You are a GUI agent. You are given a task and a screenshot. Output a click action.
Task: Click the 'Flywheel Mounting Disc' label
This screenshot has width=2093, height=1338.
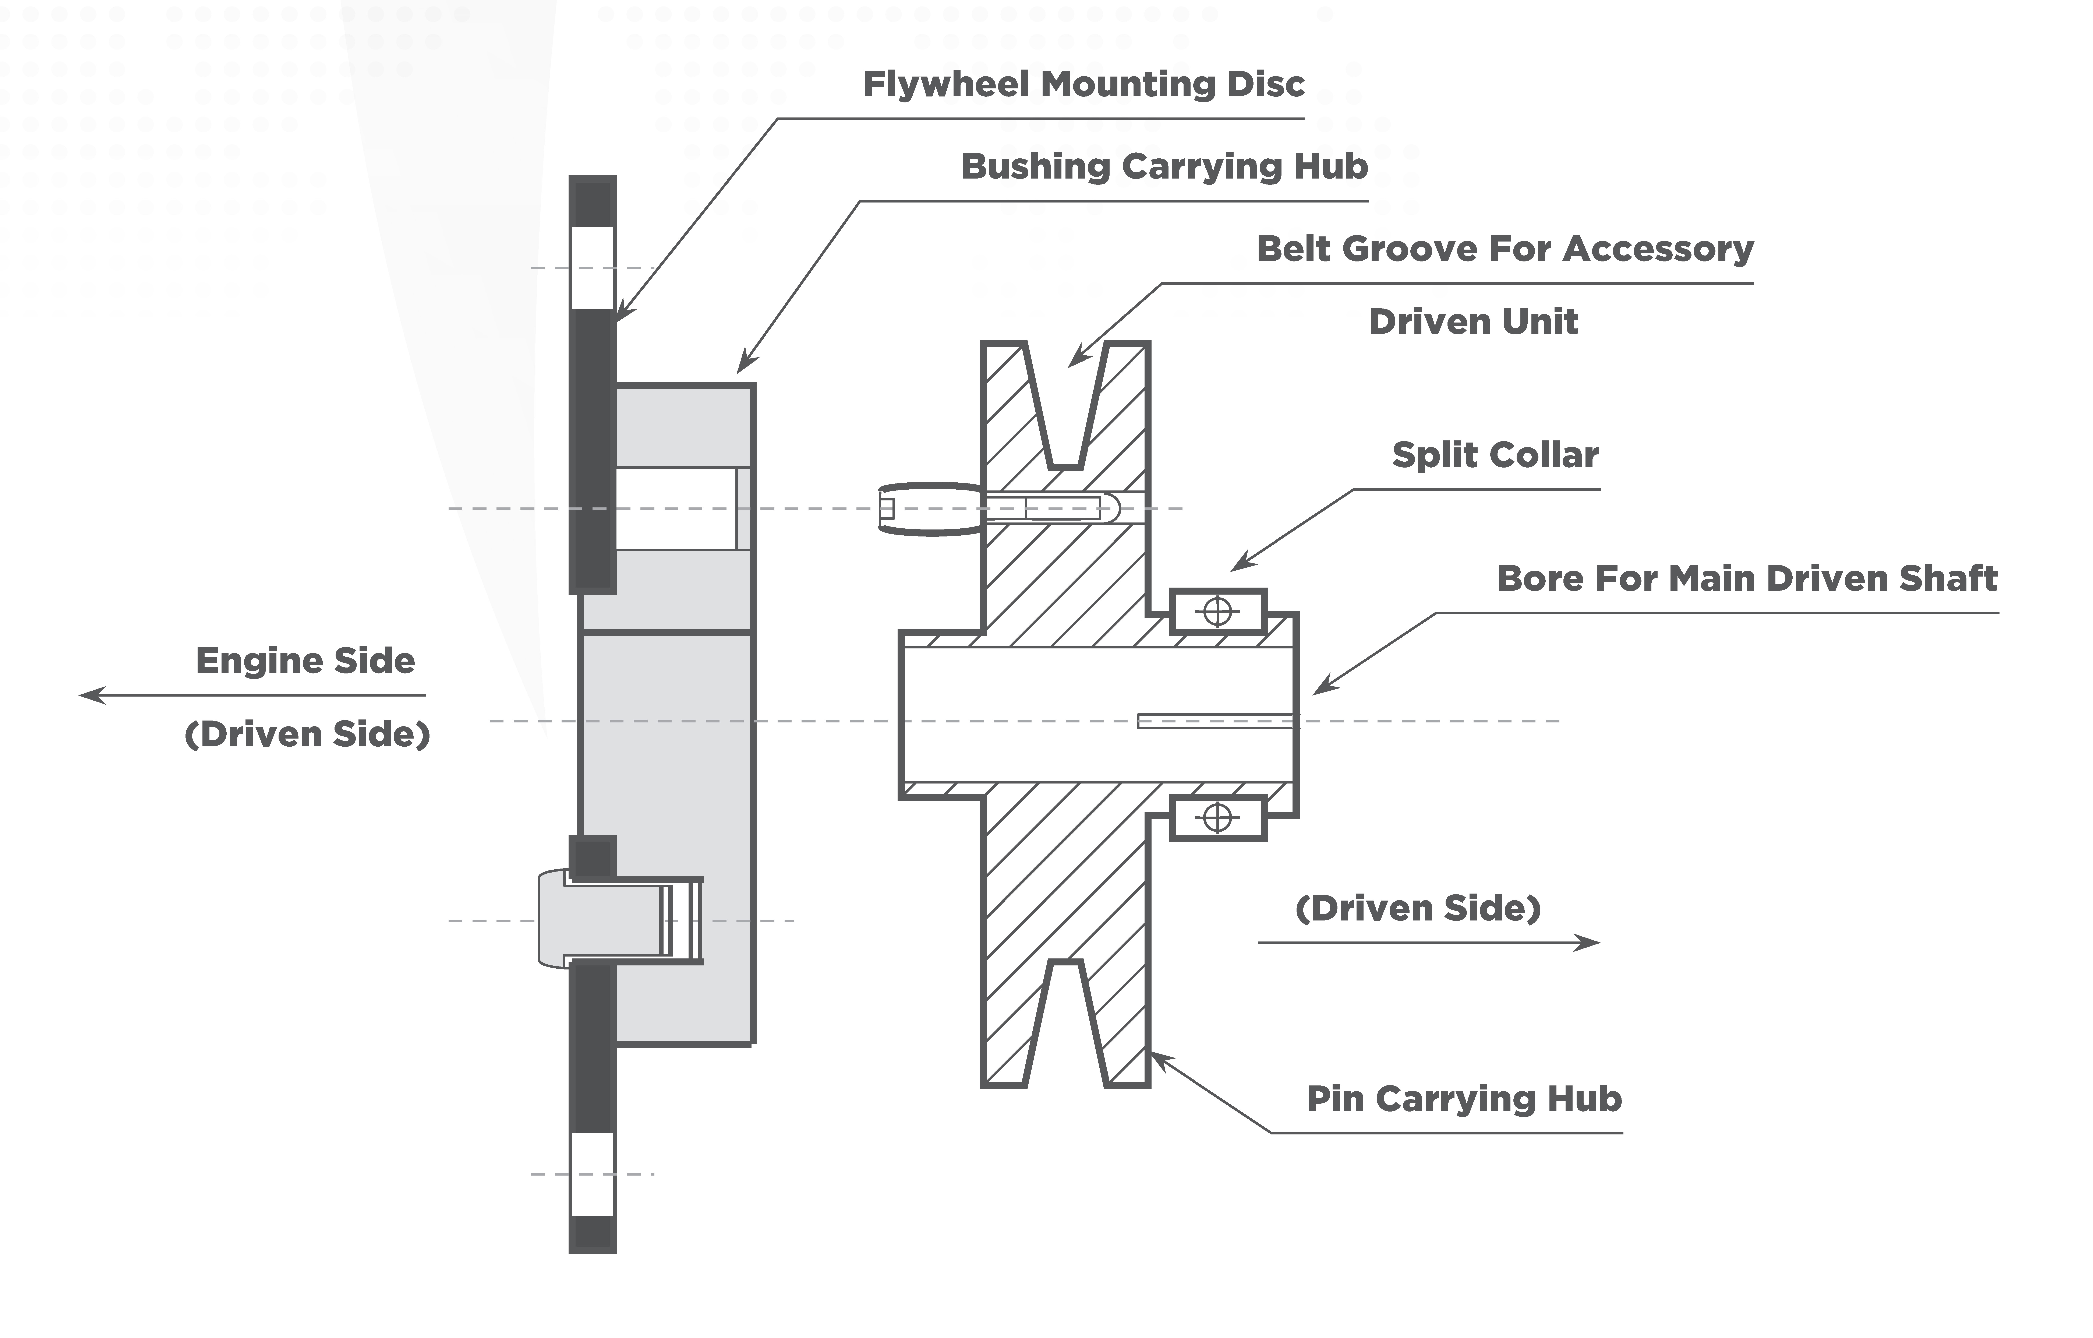click(x=1083, y=84)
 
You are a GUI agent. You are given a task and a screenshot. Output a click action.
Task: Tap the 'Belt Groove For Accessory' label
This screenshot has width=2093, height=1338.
click(x=1505, y=250)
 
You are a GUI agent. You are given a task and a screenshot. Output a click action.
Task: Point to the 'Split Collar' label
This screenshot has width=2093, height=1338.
click(x=1495, y=455)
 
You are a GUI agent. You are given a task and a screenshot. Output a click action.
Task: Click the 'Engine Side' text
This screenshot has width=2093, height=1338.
click(x=305, y=661)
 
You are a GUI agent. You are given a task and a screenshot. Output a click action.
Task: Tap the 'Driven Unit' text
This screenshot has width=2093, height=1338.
click(x=1473, y=322)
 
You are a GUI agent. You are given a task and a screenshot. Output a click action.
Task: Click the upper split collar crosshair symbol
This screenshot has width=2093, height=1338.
click(x=1218, y=612)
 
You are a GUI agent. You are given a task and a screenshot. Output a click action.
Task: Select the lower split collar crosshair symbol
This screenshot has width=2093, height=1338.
click(x=1218, y=818)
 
